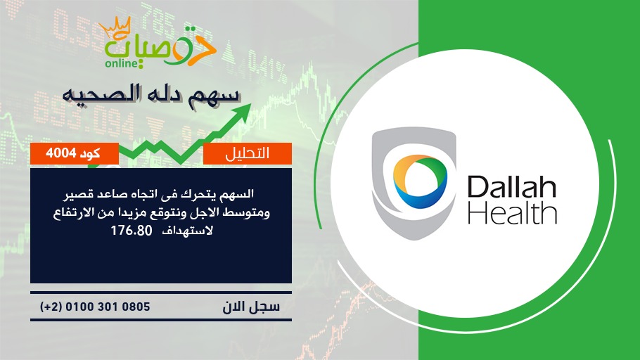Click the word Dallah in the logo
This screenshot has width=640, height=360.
pos(511,186)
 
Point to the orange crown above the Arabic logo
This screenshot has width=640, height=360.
pos(115,27)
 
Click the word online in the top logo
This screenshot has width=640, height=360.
pos(122,63)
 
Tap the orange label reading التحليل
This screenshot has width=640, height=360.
pos(248,153)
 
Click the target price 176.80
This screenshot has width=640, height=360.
pos(132,231)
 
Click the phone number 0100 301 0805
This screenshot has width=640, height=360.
pos(108,307)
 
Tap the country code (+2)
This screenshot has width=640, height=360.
pos(51,307)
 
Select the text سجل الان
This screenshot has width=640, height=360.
pos(251,307)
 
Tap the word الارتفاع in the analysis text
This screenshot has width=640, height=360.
pos(72,212)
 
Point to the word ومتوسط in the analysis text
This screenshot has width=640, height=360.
pos(250,212)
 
